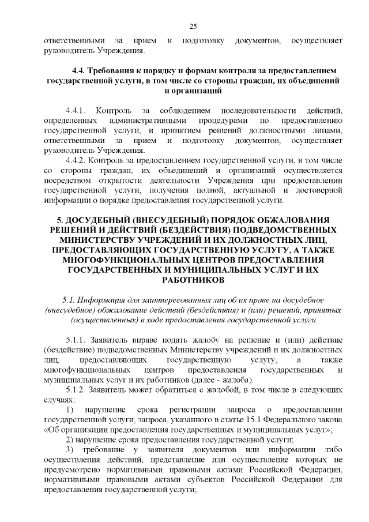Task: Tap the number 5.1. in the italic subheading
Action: click(70, 301)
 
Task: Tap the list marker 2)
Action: click(70, 439)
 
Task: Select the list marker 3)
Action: click(70, 449)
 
